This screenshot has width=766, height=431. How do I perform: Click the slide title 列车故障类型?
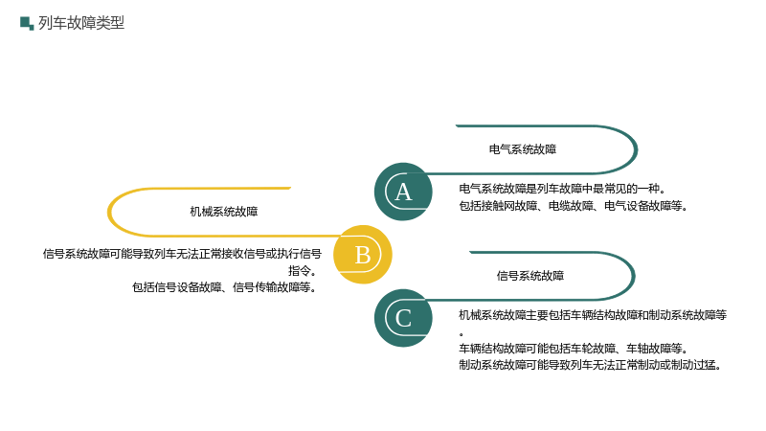tap(81, 23)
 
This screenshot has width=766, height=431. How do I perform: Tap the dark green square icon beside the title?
tap(27, 23)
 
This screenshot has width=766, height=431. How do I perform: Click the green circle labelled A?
tap(403, 192)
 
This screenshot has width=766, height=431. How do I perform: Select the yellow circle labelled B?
tap(363, 255)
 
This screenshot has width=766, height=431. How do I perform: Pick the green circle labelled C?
tap(403, 318)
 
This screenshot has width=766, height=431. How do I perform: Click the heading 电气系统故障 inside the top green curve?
tap(523, 149)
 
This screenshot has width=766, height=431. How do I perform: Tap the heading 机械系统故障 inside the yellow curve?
tap(224, 212)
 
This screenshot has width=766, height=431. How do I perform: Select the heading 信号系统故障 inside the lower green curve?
tap(530, 276)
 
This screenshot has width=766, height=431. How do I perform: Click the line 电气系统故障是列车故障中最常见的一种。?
tap(562, 189)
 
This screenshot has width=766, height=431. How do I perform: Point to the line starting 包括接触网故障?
tap(574, 206)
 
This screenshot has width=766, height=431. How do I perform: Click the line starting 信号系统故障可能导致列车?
tap(182, 254)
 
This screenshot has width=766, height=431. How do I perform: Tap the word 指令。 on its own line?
tap(303, 271)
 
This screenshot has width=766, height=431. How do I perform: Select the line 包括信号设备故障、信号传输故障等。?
tap(225, 287)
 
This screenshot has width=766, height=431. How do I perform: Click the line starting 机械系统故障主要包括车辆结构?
tap(593, 315)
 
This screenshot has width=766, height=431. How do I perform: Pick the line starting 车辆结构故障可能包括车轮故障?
tap(574, 349)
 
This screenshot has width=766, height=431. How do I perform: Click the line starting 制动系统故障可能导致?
tap(590, 365)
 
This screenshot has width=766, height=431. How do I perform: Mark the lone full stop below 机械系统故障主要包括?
tap(462, 334)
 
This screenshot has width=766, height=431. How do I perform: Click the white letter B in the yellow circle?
tap(363, 255)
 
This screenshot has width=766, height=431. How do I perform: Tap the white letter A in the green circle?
tap(403, 193)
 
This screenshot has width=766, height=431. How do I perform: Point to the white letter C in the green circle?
tap(403, 319)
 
